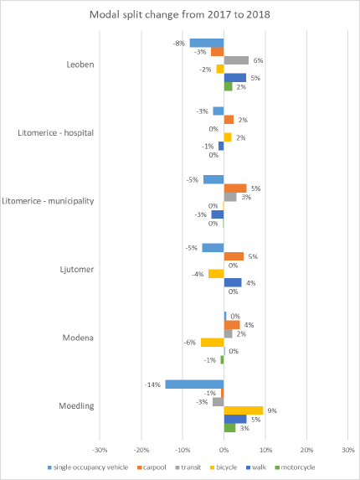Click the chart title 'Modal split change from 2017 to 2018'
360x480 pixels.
179,14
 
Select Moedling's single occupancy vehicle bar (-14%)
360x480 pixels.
194,385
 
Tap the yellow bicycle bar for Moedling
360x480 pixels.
244,410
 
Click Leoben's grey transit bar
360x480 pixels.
236,60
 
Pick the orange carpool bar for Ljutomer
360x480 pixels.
234,256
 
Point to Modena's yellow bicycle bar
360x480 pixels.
213,343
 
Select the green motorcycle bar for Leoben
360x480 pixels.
229,86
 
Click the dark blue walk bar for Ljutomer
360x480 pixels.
233,282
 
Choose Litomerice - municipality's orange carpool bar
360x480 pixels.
235,188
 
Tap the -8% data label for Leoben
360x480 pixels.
179,44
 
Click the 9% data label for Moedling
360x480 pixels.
272,410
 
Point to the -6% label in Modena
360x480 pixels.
190,343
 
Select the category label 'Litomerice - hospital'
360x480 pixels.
55,133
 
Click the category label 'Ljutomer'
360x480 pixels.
77,270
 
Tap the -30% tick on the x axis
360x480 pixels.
100,450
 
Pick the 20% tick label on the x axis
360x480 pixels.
306,450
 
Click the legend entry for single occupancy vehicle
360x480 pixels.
88,467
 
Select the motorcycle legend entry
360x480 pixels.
296,467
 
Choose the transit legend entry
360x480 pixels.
188,467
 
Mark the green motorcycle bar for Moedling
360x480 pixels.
229,428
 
